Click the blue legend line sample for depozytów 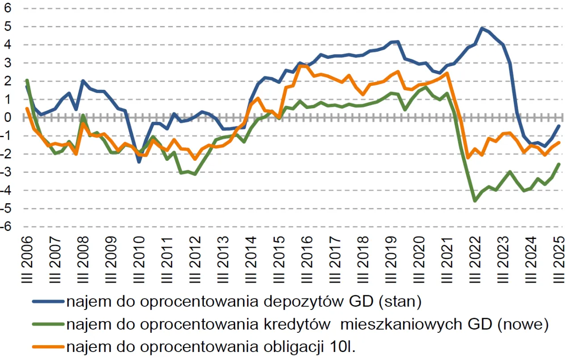[48, 302]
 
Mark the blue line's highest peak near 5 [482, 28]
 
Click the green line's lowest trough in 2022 [475, 201]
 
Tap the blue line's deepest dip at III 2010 [139, 162]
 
